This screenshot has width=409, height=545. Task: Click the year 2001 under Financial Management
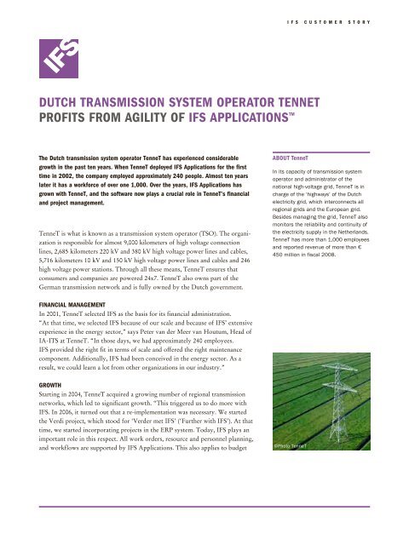point(55,313)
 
